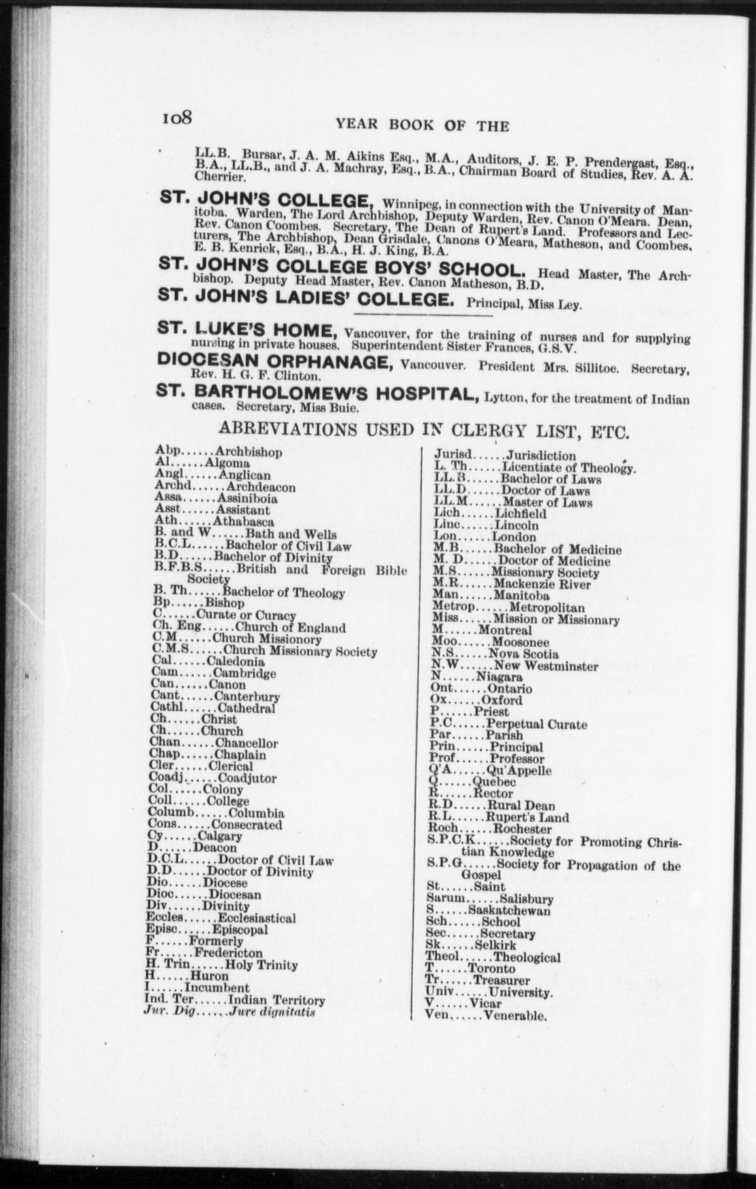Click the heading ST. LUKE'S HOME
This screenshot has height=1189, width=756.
[248, 331]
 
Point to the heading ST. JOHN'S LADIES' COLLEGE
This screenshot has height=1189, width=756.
[306, 300]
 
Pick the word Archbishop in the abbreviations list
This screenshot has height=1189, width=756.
[248, 452]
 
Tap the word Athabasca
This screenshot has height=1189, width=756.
[244, 522]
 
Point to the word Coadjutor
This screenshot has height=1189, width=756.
[247, 779]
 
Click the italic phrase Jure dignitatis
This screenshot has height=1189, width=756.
[272, 1012]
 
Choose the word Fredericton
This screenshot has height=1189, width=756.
[228, 953]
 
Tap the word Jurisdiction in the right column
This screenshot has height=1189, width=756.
[541, 455]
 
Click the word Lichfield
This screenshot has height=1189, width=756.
[520, 513]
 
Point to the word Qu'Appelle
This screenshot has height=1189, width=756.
[519, 770]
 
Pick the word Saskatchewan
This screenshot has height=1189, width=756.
[509, 911]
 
